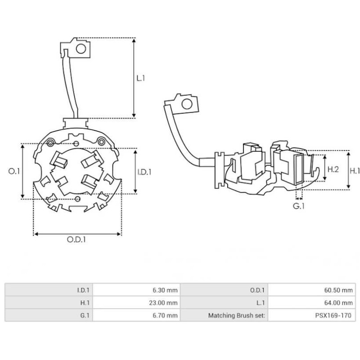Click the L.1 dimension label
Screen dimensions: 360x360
coord(140,78)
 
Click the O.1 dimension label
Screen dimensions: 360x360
coord(15,171)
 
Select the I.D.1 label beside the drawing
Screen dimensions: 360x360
coord(144,171)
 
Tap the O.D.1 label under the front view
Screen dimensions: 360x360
coord(77,240)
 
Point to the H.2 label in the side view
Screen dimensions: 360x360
coord(333,170)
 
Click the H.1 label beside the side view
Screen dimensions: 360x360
coord(355,171)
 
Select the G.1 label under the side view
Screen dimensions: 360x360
coord(299,207)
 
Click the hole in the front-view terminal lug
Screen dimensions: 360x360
coord(81,48)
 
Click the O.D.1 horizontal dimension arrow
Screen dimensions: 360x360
coord(77,234)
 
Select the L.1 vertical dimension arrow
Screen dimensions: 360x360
coord(134,78)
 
